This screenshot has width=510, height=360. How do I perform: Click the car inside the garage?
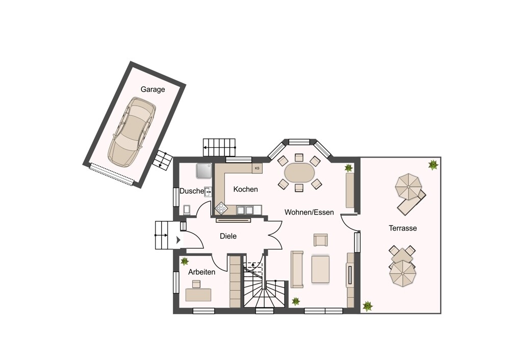[x=132, y=132]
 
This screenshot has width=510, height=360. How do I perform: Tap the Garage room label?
[x=152, y=89]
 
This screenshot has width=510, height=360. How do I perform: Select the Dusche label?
[x=192, y=191]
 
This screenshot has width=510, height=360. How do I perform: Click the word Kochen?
[x=246, y=189]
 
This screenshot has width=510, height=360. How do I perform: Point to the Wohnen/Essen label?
[x=309, y=212]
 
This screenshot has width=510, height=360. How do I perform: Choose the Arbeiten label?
[x=201, y=272]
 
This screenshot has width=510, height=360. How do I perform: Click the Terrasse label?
[x=403, y=228]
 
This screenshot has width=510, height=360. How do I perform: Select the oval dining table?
[x=300, y=173]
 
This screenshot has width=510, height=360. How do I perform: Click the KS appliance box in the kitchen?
[x=257, y=168]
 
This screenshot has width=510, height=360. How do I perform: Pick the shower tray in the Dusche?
[x=203, y=170]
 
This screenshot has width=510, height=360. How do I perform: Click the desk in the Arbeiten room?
[x=198, y=295]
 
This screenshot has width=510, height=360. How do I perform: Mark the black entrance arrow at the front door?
[x=178, y=240]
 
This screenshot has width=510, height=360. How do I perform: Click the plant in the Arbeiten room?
[x=185, y=261]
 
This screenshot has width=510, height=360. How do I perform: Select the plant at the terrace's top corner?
[x=433, y=165]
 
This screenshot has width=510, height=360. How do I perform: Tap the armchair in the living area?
[x=321, y=240]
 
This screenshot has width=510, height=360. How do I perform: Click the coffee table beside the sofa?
[x=320, y=269]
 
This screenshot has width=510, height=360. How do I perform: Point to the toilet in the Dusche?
[x=187, y=210]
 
